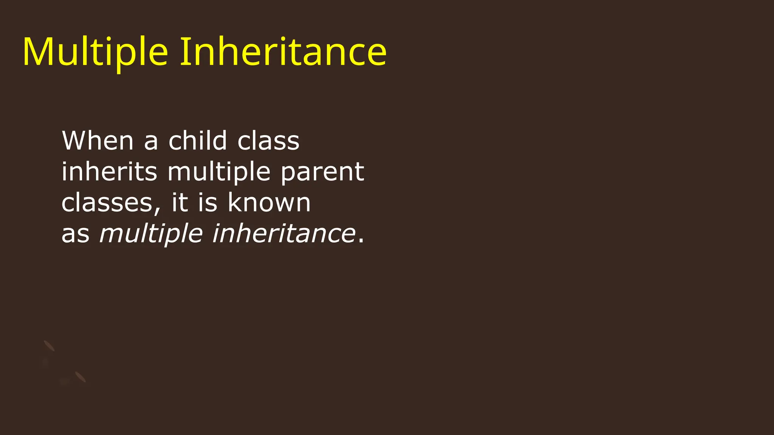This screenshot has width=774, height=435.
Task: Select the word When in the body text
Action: [x=98, y=140]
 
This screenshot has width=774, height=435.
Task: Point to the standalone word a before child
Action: [x=151, y=142]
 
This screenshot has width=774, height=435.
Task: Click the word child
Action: [x=198, y=140]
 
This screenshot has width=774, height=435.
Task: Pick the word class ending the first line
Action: [x=268, y=141]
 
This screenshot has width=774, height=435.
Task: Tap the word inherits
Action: [x=109, y=171]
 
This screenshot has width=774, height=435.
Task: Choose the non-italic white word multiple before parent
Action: [x=219, y=172]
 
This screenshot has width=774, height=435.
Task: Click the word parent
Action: [x=322, y=173]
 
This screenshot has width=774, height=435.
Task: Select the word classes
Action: [x=107, y=203]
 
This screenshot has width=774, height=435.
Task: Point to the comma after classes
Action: [x=157, y=210]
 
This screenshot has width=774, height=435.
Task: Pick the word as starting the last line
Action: [x=76, y=234]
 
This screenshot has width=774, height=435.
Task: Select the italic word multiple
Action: [x=151, y=234]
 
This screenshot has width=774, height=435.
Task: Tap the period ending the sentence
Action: [x=361, y=241]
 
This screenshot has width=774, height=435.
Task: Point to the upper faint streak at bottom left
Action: [x=49, y=346]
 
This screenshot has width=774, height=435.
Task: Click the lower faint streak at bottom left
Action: [x=80, y=377]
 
